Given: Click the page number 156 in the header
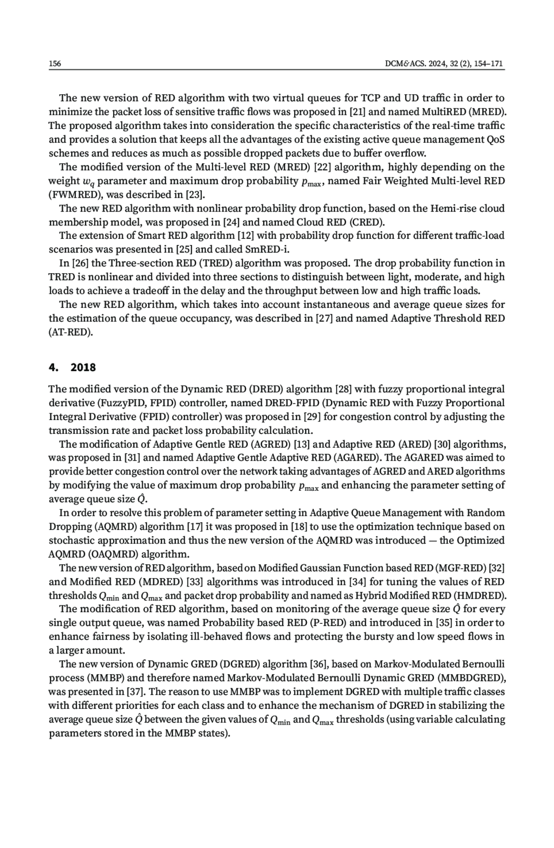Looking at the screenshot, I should pyautogui.click(x=55, y=63).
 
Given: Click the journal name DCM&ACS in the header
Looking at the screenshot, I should pyautogui.click(x=402, y=63).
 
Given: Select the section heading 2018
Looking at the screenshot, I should pyautogui.click(x=83, y=367).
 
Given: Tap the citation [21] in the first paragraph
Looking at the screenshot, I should pyautogui.click(x=357, y=112).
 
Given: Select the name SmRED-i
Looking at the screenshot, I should pyautogui.click(x=266, y=250).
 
